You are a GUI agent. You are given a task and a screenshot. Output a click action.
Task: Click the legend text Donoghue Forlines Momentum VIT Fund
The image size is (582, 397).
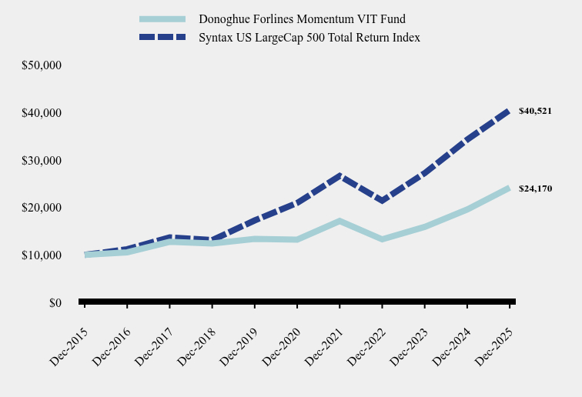pos(302,18)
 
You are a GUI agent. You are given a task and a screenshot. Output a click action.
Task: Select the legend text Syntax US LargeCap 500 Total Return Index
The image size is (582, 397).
pos(309,37)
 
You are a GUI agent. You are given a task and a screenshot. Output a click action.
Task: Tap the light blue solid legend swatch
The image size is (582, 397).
pos(162,18)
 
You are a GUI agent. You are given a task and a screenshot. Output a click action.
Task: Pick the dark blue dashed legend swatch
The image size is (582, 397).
pos(162,37)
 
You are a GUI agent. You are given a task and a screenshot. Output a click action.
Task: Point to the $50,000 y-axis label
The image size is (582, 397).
pos(42,65)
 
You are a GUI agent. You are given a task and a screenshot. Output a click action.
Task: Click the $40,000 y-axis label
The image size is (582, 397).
pos(42,113)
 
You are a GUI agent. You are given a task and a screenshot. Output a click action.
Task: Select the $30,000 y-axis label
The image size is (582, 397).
pos(42,161)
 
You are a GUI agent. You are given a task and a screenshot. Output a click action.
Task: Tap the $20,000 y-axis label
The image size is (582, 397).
pos(42,208)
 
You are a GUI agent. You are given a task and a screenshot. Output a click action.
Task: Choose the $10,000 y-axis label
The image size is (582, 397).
pos(42,255)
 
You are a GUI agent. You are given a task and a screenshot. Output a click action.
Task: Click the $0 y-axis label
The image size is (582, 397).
pos(55,303)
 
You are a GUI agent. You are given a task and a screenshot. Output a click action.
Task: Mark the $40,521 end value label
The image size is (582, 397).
pos(535,111)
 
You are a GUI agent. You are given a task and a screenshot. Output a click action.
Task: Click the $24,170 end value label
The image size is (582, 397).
pos(535,188)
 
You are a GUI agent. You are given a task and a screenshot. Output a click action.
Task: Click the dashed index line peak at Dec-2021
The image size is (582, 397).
pos(339,176)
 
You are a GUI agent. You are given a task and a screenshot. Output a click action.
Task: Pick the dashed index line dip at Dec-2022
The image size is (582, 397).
pos(382,201)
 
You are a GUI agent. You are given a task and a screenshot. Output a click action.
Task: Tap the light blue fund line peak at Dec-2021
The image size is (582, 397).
pos(339,222)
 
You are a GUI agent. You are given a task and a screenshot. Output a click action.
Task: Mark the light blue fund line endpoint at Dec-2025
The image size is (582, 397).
pos(509,188)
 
